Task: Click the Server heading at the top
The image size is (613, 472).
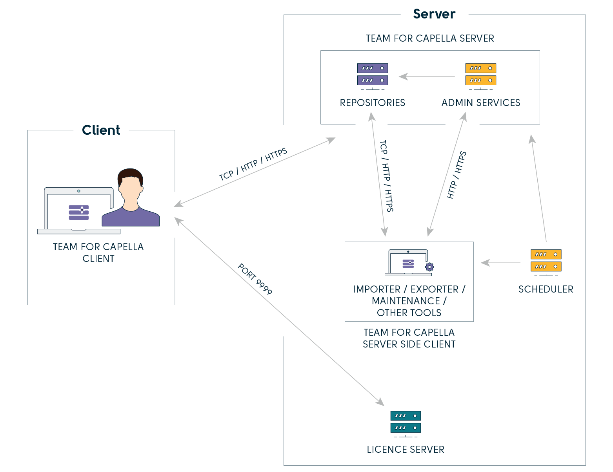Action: coord(434,14)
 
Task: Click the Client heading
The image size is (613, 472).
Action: coord(101,130)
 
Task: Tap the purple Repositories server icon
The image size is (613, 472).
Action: coord(373,75)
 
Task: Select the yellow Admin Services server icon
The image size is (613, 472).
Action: coord(480,75)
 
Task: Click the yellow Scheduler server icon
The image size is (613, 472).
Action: coord(546,261)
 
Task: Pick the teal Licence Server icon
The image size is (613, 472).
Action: coord(406,422)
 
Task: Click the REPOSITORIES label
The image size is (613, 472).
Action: coord(373,103)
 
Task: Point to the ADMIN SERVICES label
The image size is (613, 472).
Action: coord(481,103)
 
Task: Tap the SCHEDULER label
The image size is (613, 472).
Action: coord(546,289)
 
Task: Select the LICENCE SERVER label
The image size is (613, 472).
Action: coord(406,450)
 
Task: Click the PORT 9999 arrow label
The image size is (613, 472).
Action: coord(255,279)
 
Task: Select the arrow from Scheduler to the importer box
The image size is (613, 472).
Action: coord(500,263)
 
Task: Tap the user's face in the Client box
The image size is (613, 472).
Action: coord(130,189)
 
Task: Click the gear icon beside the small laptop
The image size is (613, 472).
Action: coord(429,267)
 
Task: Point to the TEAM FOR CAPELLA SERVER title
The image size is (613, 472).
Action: coord(430,38)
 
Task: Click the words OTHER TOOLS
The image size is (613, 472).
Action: coord(409,313)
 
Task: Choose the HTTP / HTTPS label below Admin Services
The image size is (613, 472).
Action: coord(457,175)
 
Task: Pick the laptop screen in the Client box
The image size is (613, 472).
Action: coord(79,210)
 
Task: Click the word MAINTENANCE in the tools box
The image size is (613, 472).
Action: coord(406,301)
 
